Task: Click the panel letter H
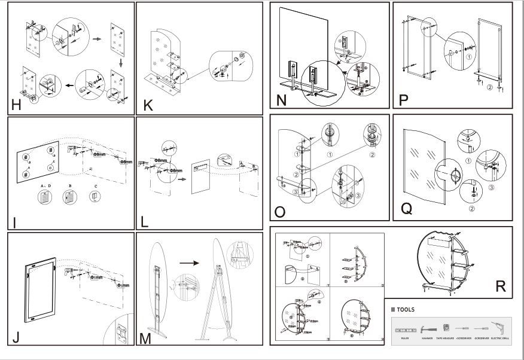click(x=16, y=106)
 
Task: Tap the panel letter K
click(x=148, y=106)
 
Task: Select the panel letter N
click(x=282, y=100)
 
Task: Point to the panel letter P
click(x=404, y=100)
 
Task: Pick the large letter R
click(x=501, y=286)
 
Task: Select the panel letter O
click(x=280, y=212)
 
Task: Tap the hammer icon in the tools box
click(x=427, y=329)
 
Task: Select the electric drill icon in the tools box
click(x=498, y=329)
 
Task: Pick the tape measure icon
click(x=446, y=328)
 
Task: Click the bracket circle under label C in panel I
click(x=96, y=198)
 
